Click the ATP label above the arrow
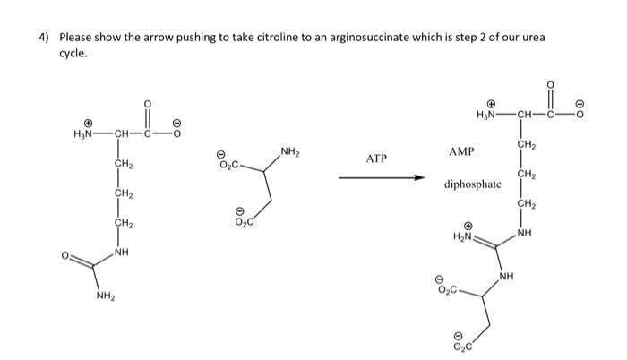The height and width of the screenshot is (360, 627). pos(376,159)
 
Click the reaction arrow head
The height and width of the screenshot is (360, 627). pos(417,176)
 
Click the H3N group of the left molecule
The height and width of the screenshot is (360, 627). pos(87,134)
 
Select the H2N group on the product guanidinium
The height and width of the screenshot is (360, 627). pos(462,236)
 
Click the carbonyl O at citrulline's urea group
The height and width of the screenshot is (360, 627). pos(64,259)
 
